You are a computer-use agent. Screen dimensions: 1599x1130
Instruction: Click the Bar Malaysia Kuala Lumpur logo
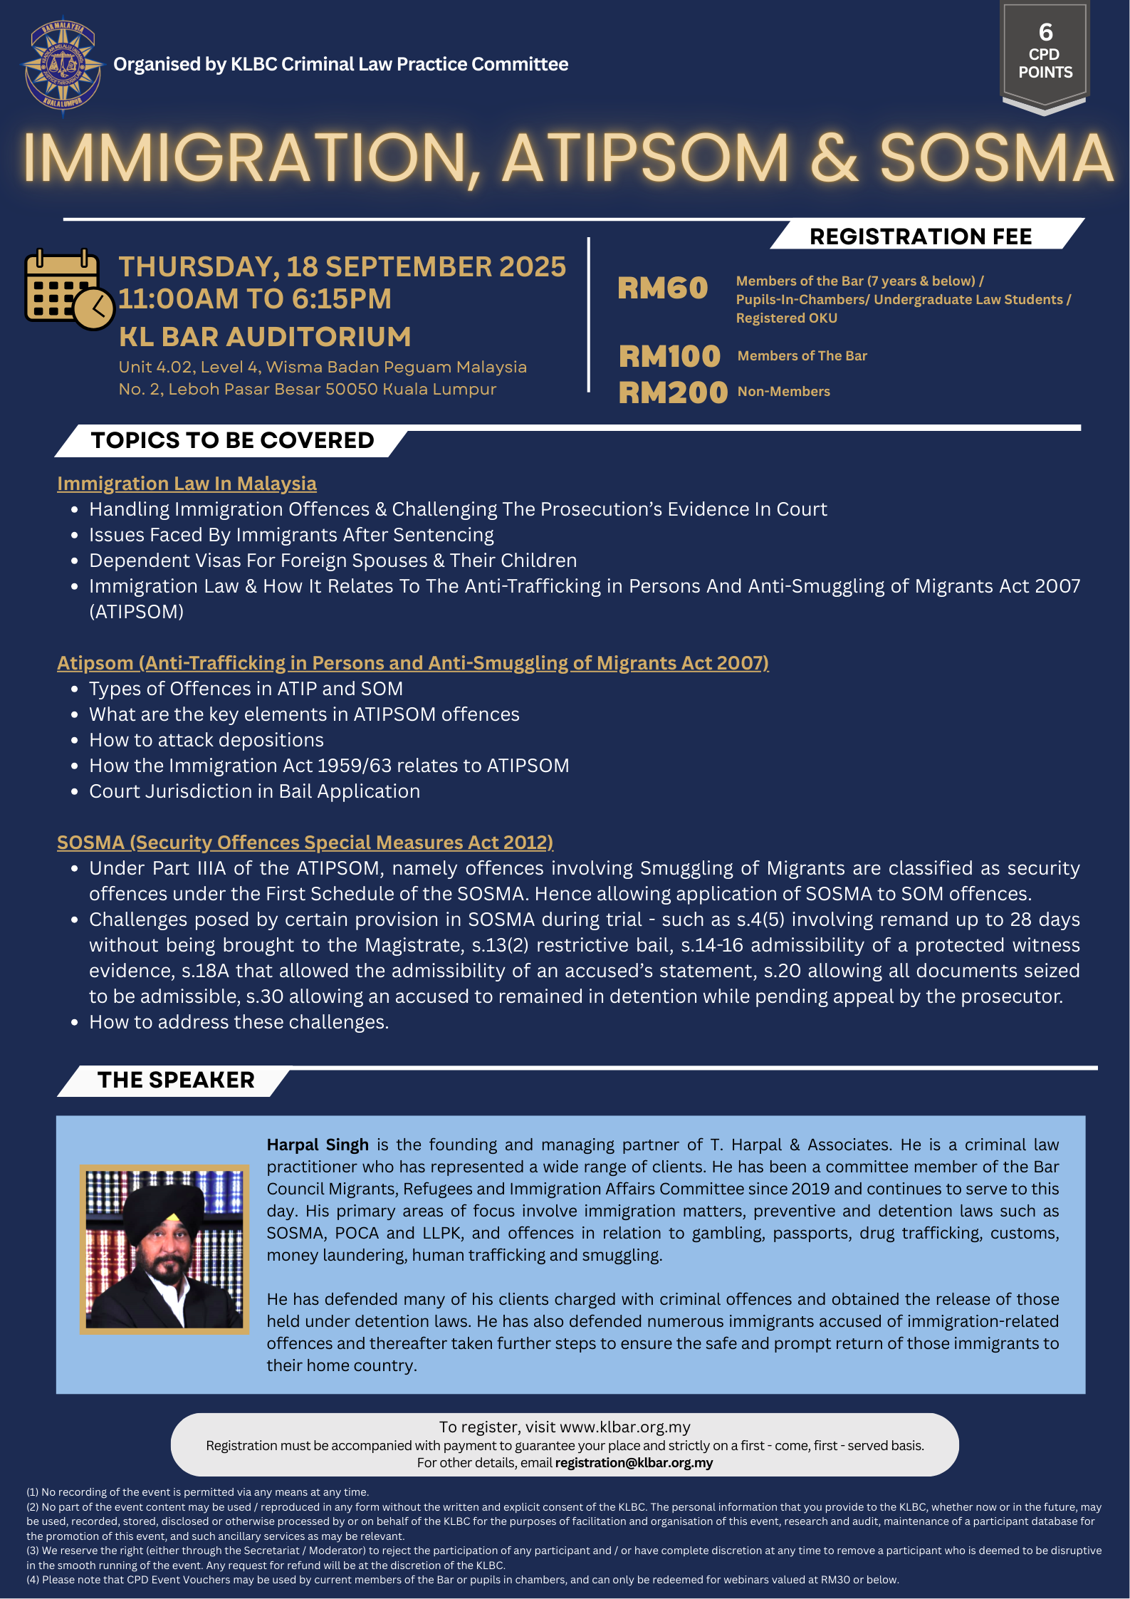pyautogui.click(x=63, y=66)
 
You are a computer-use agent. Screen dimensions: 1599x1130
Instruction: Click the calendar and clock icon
pyautogui.click(x=69, y=288)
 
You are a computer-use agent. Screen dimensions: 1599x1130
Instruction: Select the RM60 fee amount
pyautogui.click(x=662, y=288)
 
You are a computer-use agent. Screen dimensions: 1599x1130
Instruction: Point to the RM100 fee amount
pyautogui.click(x=669, y=356)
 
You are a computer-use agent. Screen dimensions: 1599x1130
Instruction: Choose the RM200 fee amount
pyautogui.click(x=673, y=392)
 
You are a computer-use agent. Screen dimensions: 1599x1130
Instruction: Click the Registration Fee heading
pyautogui.click(x=921, y=236)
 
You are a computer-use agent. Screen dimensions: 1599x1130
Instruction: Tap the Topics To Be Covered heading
pyautogui.click(x=232, y=440)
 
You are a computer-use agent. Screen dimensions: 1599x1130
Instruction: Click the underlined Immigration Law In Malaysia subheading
pyautogui.click(x=187, y=484)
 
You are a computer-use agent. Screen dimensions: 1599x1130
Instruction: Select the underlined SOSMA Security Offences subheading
pyautogui.click(x=305, y=843)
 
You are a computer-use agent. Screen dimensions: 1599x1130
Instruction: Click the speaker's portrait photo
pyautogui.click(x=164, y=1249)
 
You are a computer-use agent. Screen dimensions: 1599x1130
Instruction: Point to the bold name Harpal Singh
pyautogui.click(x=318, y=1145)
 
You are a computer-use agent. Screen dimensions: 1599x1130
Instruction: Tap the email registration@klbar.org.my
pyautogui.click(x=634, y=1462)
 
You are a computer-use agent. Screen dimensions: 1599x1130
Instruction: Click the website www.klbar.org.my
pyautogui.click(x=625, y=1427)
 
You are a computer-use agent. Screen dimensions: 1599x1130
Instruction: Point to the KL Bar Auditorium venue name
pyautogui.click(x=265, y=337)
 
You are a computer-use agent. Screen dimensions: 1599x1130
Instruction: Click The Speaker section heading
pyautogui.click(x=176, y=1080)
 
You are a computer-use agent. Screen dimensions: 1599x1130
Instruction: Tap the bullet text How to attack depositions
pyautogui.click(x=206, y=740)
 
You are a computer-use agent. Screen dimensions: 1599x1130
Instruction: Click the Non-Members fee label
pyautogui.click(x=784, y=392)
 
